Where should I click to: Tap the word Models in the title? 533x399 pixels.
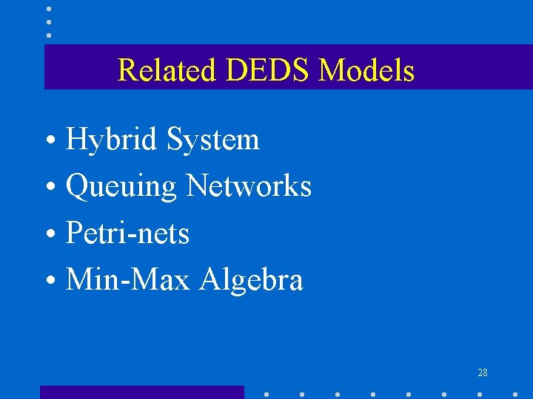point(366,71)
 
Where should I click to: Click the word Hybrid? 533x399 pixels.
point(113,140)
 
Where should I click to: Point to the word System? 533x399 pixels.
point(213,140)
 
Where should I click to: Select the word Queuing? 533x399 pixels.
point(121,187)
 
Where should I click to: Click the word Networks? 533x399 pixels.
point(249,186)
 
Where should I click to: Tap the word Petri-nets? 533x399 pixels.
point(127,233)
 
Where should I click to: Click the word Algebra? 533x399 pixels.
point(252,281)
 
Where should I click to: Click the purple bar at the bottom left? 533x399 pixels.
point(141,392)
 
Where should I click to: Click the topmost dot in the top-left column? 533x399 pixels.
point(49,9)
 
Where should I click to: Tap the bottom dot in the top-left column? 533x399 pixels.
point(49,35)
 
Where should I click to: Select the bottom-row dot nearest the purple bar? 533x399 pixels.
point(266,395)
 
